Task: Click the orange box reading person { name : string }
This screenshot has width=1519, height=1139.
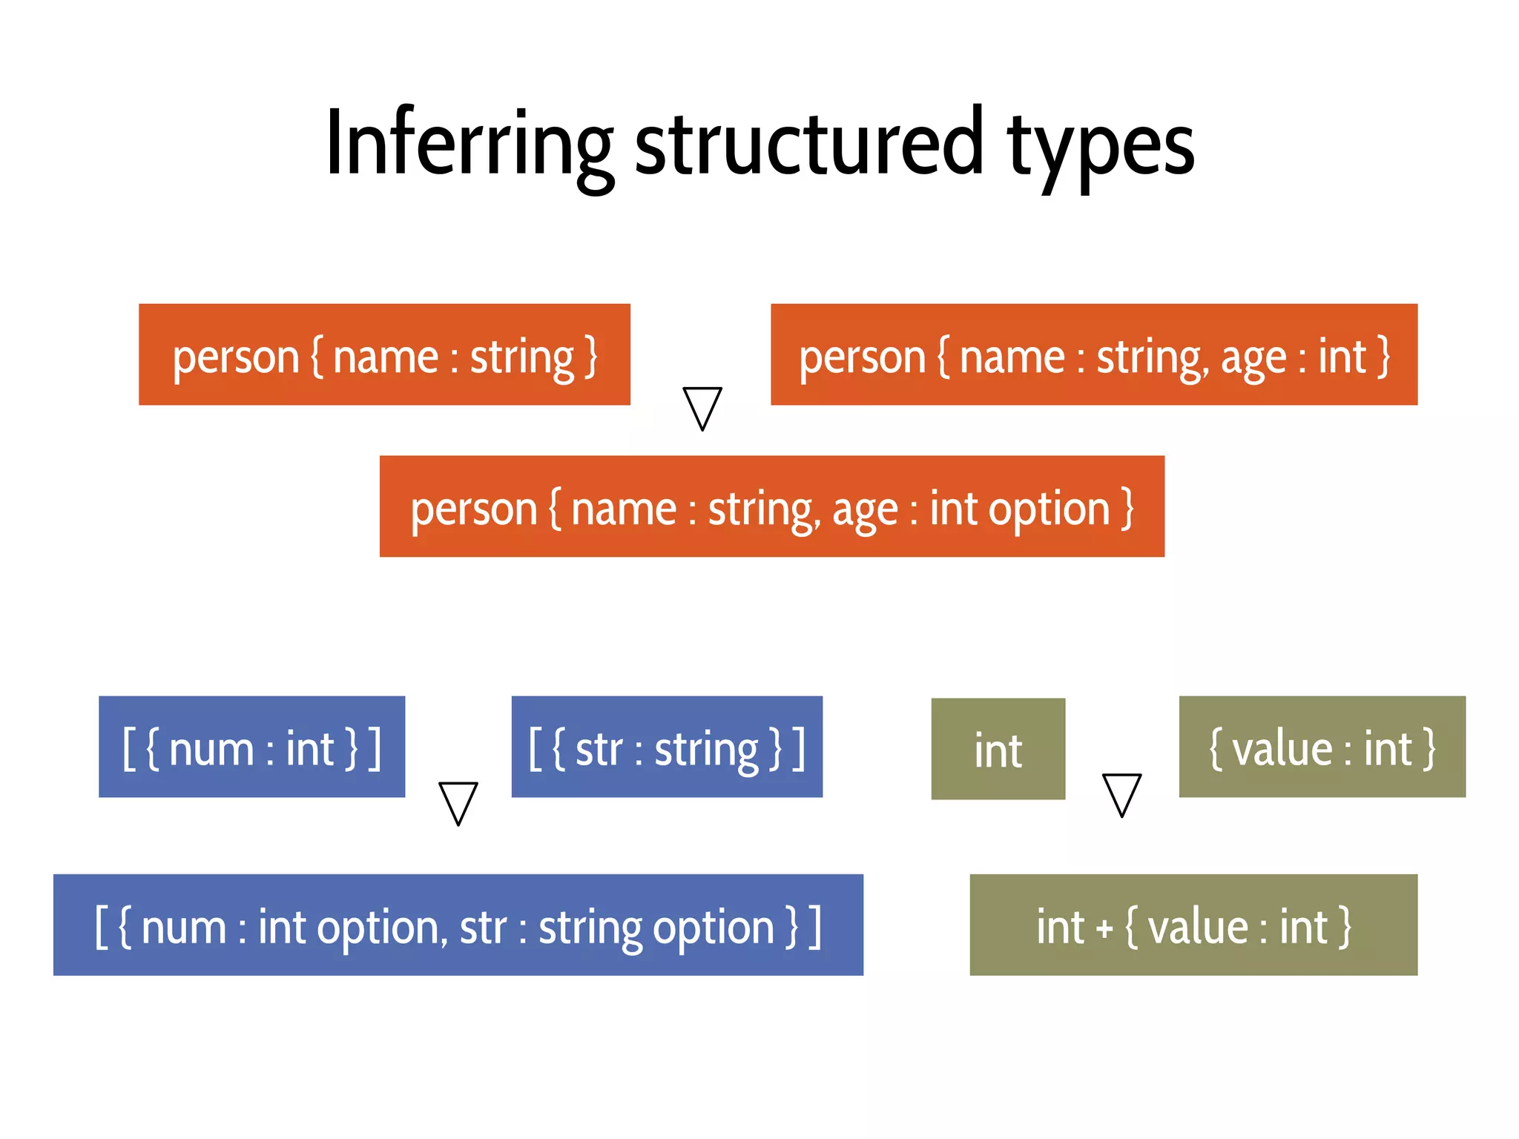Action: point(384,354)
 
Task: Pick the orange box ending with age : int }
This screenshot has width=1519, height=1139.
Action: point(1094,354)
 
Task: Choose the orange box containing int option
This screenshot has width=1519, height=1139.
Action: point(771,506)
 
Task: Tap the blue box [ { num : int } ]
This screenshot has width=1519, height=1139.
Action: point(251,747)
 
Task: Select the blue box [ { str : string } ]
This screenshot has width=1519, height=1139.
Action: point(667,747)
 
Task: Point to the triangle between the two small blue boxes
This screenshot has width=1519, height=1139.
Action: point(458,802)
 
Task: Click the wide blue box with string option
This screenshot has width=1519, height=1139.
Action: point(458,925)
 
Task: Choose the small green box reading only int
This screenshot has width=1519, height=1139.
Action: point(998,749)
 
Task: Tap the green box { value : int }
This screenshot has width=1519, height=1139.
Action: point(1322,747)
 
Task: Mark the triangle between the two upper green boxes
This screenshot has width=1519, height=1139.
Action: point(1121,793)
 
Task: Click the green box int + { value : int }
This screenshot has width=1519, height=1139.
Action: point(1193,925)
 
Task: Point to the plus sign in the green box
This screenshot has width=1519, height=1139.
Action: point(1104,928)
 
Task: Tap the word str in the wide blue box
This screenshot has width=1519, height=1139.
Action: point(483,927)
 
